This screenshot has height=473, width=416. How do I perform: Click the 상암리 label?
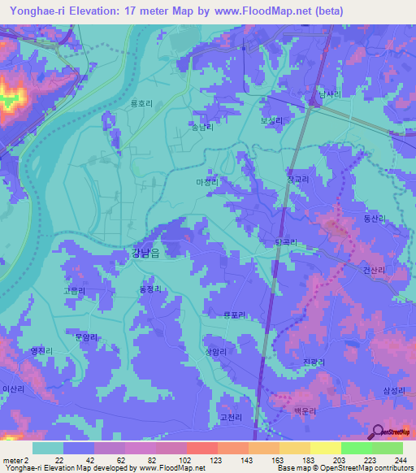click(215, 351)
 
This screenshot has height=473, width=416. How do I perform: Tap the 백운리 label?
click(303, 412)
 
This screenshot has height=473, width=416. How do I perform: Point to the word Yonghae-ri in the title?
click(39, 11)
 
